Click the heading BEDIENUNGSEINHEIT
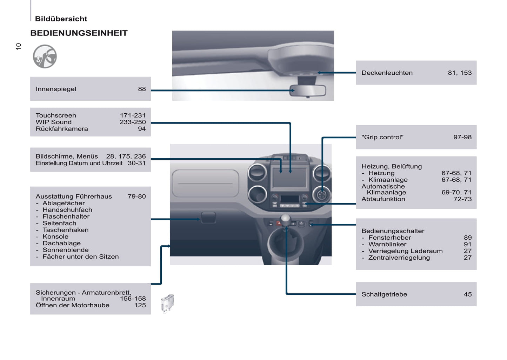79,33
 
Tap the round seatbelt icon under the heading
45,56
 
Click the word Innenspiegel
56,89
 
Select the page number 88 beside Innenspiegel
142,89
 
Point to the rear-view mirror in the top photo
308,91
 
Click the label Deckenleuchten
387,73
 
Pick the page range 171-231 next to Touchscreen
133,115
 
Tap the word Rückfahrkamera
62,129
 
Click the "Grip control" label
382,137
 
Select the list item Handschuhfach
67,210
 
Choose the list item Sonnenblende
66,250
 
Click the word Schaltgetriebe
384,294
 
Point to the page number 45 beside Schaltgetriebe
468,294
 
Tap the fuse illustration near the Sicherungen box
167,303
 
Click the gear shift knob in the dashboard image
285,219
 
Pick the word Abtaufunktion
383,199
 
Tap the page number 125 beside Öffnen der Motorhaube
140,305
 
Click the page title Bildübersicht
61,19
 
